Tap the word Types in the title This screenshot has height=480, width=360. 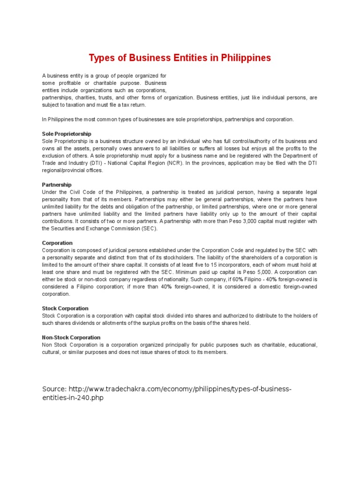(x=102, y=58)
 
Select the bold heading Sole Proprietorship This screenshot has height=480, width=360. (x=67, y=134)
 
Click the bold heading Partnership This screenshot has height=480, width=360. (x=57, y=185)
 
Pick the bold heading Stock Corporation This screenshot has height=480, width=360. (x=65, y=308)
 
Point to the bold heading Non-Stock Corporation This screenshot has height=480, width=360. (x=71, y=337)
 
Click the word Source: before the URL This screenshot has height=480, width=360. (x=54, y=390)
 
